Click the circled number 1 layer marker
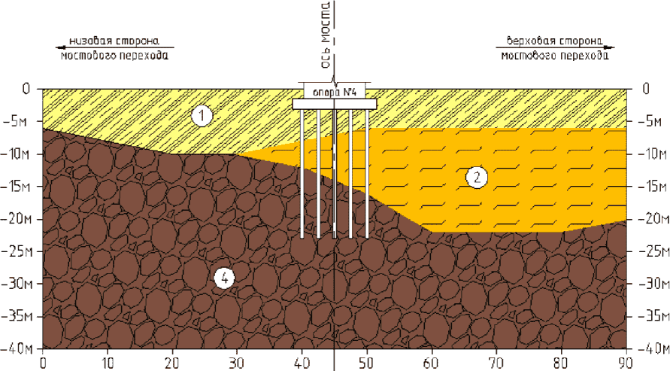201,116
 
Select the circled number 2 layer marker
477,177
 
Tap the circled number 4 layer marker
224,278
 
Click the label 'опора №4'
334,93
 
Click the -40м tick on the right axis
650,349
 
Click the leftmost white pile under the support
302,173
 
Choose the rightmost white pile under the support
367,173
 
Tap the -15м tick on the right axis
650,187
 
